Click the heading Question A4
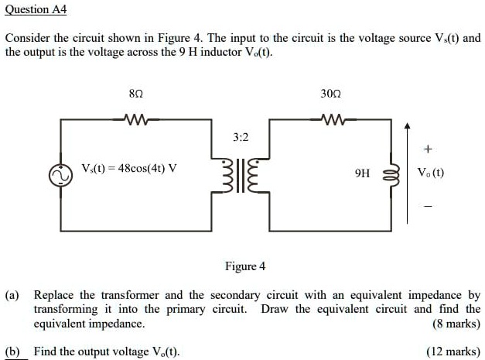(36, 9)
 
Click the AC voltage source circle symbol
(60, 176)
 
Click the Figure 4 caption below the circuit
(244, 266)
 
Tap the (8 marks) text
(456, 324)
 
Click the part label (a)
(13, 296)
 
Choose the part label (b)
(13, 351)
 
